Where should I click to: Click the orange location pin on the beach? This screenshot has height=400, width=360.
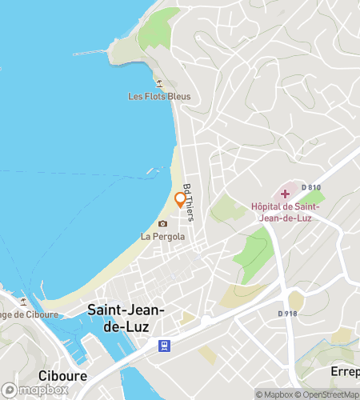coord(179,199)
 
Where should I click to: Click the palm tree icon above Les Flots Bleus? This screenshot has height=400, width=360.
coord(158,83)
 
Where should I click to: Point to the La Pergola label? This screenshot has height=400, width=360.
coord(163,236)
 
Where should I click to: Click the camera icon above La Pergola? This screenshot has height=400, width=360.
coord(163,223)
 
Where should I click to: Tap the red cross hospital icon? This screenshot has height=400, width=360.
coord(285,194)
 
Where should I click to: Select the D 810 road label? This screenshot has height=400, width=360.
coord(311,187)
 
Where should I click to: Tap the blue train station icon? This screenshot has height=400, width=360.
coord(163,345)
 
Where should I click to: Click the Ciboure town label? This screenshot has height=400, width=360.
coord(62,375)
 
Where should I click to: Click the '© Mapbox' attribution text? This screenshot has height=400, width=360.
coord(274,394)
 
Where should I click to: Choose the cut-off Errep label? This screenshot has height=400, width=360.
coord(345,372)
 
